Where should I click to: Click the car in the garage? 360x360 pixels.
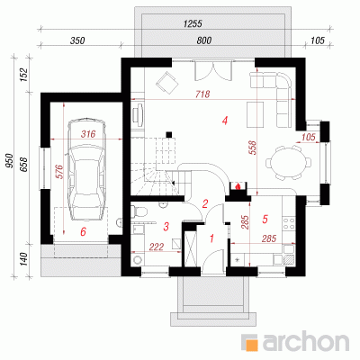87,170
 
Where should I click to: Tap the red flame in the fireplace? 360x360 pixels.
238,186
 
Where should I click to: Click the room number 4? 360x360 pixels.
225,121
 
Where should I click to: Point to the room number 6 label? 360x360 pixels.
83,231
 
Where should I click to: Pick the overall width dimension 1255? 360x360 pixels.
193,23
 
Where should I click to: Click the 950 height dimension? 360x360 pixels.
10,160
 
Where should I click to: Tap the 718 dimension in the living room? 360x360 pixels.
202,94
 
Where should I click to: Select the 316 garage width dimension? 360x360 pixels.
88,134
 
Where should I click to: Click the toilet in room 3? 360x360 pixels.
139,211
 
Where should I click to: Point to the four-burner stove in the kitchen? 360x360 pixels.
289,223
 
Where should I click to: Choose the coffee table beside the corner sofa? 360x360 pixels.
256,114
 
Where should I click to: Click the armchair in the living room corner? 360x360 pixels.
166,83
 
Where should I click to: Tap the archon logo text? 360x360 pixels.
306,340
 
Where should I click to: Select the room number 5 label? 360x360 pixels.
265,219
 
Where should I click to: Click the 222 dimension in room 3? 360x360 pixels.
157,247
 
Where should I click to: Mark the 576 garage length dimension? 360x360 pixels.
59,171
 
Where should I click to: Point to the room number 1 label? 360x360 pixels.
211,238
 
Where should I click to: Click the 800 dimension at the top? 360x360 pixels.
204,40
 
